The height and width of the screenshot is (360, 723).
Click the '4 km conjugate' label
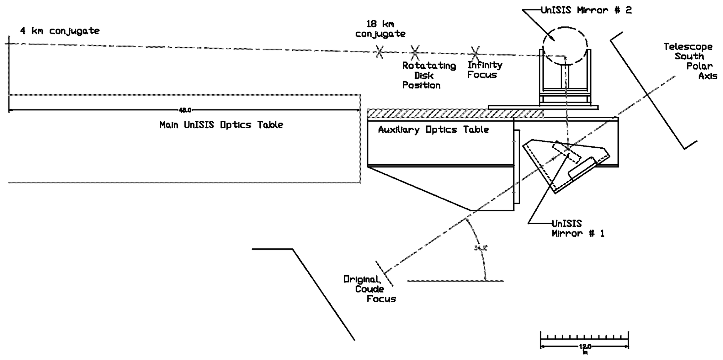pos(60,31)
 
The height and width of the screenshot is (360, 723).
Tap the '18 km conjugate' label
pos(380,29)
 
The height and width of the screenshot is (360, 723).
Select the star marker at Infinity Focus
pos(475,54)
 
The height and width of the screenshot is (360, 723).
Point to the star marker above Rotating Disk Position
pos(415,53)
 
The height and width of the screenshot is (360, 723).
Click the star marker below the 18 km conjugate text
pos(380,52)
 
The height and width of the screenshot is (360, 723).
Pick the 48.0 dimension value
pos(185,110)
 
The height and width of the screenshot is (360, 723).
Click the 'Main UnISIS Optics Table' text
pos(221,125)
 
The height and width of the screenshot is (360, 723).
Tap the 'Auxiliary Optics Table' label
pos(433,130)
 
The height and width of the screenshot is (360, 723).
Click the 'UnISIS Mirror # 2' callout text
pos(586,10)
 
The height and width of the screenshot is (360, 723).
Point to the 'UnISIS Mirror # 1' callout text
pos(577,229)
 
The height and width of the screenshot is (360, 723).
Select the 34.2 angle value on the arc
pos(480,248)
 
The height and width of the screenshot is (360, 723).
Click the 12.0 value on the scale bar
pos(585,347)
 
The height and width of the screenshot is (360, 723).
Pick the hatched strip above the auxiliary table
pos(455,113)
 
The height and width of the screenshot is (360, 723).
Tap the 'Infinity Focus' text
pos(484,70)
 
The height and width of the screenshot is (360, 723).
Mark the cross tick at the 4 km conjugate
pos(9,44)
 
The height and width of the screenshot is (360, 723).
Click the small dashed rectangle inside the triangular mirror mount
pos(566,152)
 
